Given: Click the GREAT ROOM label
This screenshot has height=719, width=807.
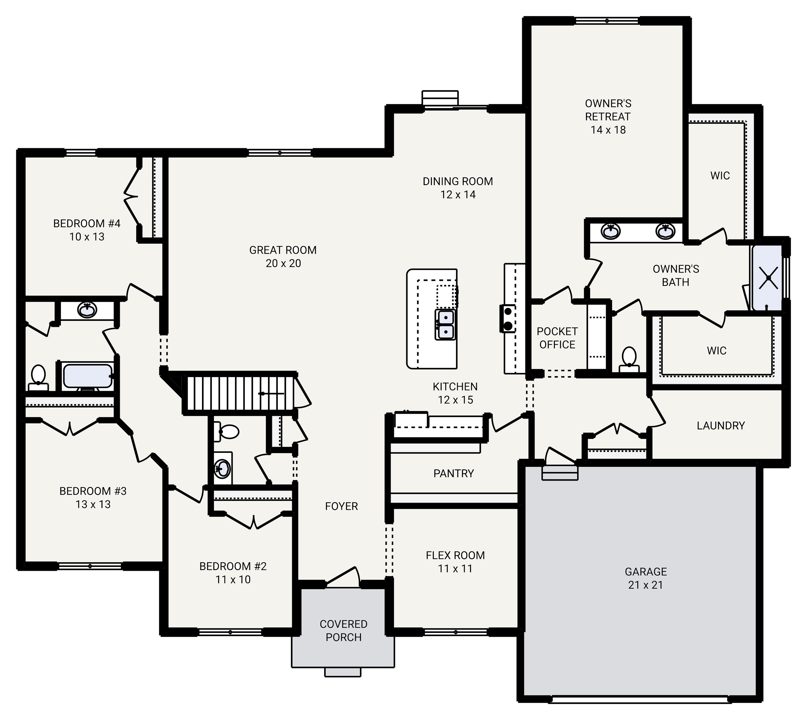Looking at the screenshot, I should (283, 250).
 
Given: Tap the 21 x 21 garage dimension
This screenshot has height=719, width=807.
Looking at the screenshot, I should (645, 585).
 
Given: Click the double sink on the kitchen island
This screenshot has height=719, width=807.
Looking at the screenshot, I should (445, 324).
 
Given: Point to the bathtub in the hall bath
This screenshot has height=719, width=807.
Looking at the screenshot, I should (87, 376).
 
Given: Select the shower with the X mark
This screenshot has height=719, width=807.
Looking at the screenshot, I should (768, 278).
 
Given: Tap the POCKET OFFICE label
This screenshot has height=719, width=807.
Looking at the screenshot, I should (557, 338).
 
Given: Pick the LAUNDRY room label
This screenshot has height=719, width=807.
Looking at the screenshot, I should (721, 426).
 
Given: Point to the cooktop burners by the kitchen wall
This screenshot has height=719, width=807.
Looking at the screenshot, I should (508, 318).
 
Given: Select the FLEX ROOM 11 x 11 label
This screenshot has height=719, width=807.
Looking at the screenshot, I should (455, 562).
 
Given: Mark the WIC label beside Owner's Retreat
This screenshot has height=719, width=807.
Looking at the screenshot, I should (720, 176).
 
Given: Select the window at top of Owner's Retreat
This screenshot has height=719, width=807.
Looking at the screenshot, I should (607, 20).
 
